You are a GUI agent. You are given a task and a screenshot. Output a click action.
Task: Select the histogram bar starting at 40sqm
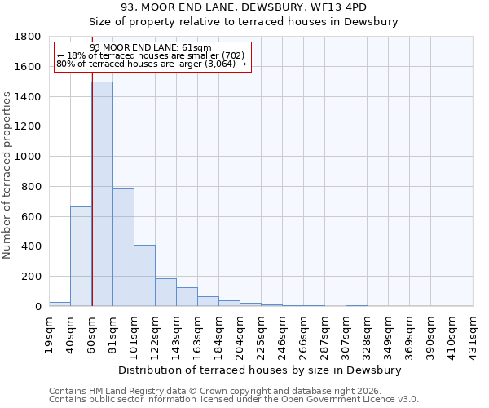pos(81,256)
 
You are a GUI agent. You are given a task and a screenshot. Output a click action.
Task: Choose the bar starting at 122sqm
pos(165,292)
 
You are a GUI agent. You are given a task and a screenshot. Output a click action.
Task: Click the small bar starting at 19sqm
pos(59,304)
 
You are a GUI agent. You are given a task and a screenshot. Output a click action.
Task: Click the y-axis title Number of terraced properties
pos(7,175)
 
